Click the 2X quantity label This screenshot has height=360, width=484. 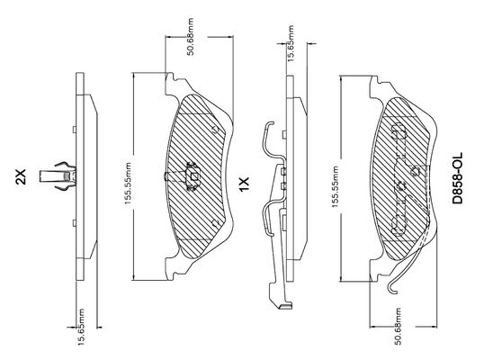[22, 176]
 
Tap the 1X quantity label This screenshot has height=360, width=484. [244, 184]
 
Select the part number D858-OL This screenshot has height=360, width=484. [457, 178]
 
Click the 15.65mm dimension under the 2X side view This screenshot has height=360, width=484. [81, 327]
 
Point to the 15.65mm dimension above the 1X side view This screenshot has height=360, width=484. [291, 43]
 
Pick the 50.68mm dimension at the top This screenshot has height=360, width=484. [191, 37]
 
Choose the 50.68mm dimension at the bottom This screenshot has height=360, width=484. [399, 326]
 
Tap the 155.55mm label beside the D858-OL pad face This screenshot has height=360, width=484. [336, 187]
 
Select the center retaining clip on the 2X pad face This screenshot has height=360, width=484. [192, 176]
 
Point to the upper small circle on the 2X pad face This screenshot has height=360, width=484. [216, 129]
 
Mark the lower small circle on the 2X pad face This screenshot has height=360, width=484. [216, 223]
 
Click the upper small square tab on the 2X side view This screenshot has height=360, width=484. [75, 130]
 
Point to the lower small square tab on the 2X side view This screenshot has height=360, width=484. [75, 223]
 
